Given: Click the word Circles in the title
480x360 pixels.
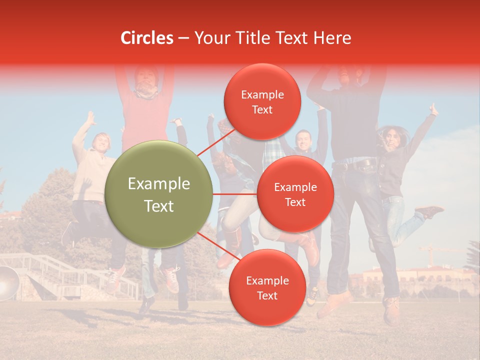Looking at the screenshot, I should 147,38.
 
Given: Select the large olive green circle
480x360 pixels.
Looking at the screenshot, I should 159,194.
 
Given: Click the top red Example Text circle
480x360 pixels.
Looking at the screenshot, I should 262,101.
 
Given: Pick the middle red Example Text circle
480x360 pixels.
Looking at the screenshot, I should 295,194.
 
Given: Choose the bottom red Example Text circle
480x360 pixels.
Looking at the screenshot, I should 267,287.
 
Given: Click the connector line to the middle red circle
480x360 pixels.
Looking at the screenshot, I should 235,194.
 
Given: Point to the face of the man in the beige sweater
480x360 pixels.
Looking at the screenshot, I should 101,142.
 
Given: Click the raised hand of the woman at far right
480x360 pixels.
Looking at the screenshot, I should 433,110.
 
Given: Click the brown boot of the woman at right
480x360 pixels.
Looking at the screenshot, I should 429,212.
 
